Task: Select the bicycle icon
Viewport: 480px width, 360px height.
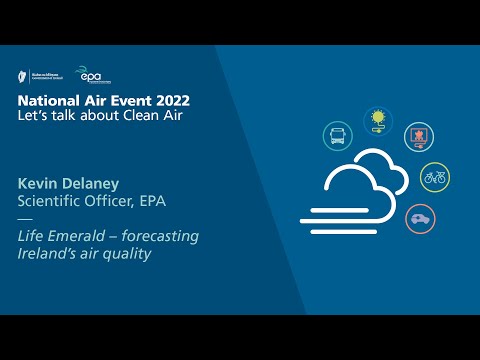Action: point(434,178)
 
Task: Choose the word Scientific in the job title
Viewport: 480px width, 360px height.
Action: point(48,201)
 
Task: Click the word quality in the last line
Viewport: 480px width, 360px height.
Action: point(130,253)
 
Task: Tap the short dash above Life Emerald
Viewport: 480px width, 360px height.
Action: point(25,219)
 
